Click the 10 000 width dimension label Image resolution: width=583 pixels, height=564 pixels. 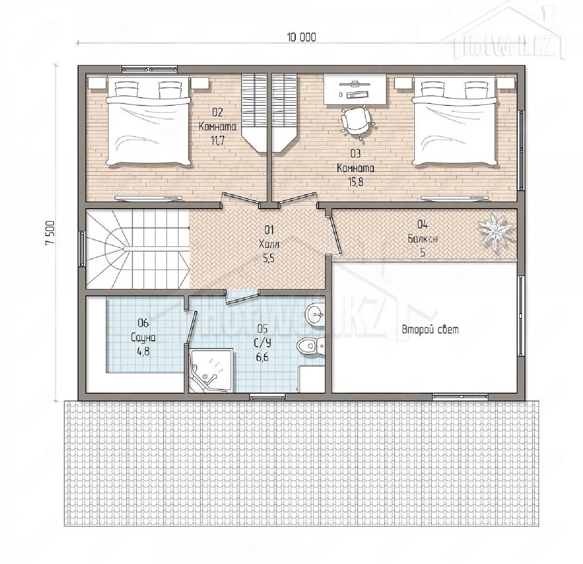coord(301,37)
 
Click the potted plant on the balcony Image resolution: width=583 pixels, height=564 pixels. coord(496,232)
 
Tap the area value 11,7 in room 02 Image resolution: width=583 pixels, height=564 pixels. coord(218,140)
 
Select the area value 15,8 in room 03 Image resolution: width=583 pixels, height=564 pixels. coord(356,182)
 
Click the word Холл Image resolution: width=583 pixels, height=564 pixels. coord(269,244)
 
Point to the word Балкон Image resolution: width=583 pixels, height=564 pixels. coord(422,238)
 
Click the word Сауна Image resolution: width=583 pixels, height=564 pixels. coord(143,337)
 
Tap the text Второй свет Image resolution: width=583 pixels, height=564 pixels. coord(430,330)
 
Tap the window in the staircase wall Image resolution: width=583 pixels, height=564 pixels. coord(82,249)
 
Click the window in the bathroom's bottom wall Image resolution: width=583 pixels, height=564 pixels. coord(267,397)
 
